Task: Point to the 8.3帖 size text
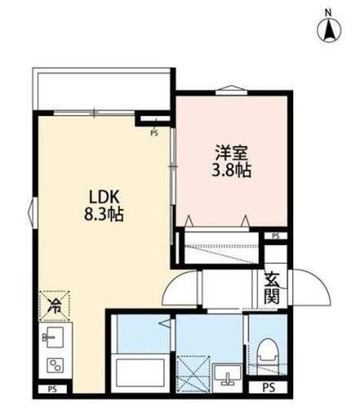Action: tap(105, 217)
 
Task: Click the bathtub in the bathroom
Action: tap(141, 372)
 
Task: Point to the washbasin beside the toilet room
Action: tap(226, 375)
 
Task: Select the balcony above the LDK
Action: tap(102, 89)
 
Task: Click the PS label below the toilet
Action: tap(268, 388)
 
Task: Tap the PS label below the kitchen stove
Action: tap(53, 390)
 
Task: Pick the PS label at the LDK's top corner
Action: tap(153, 131)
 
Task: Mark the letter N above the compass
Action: tap(329, 11)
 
